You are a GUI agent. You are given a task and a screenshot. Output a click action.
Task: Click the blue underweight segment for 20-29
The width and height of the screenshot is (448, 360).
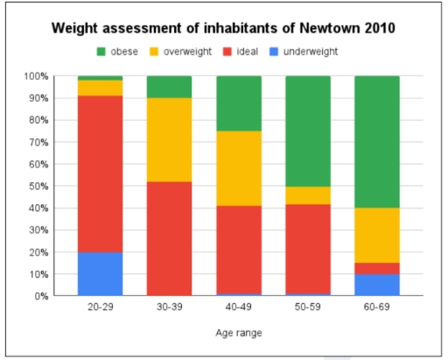click(101, 273)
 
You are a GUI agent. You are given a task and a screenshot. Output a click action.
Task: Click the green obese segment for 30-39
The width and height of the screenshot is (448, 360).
click(170, 87)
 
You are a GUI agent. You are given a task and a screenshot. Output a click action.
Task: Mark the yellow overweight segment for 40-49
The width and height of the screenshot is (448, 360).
click(239, 168)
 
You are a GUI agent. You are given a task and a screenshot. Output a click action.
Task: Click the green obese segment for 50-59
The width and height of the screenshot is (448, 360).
click(308, 131)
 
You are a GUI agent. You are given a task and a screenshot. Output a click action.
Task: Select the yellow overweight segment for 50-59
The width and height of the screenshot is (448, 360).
click(308, 194)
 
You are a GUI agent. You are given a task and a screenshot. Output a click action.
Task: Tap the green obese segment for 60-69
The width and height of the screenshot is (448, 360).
click(377, 142)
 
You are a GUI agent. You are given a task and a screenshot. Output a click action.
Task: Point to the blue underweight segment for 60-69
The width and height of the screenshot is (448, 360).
click(377, 285)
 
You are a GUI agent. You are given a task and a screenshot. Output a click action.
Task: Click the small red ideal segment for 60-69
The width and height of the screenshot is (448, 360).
click(377, 268)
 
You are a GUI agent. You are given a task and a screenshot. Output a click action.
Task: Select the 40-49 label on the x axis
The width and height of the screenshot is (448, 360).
click(239, 310)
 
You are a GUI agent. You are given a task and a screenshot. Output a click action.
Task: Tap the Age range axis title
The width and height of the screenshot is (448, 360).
click(238, 333)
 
